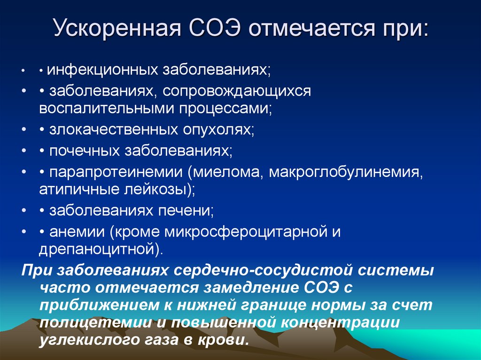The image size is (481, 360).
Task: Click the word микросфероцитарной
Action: [239, 231]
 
